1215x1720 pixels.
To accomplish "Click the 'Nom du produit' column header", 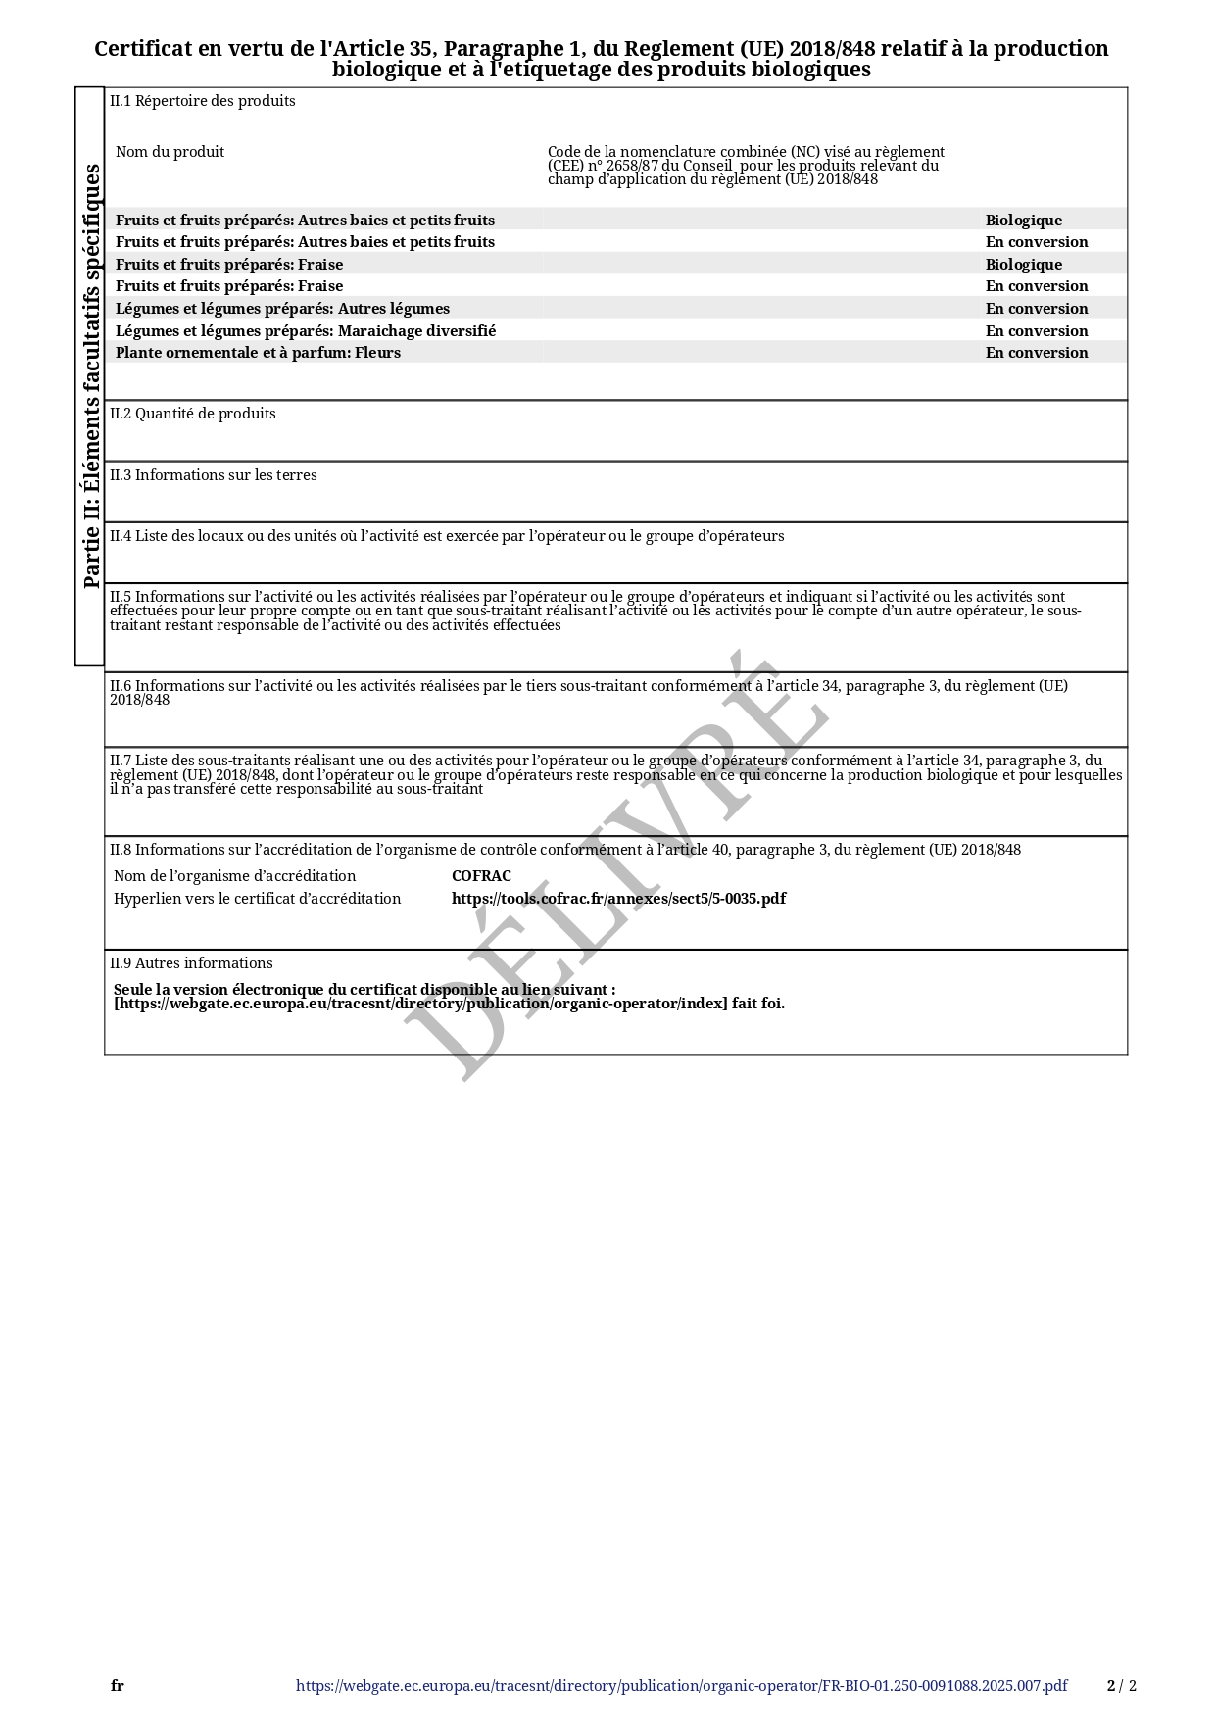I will pos(170,152).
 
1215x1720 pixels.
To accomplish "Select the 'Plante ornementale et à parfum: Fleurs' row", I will pos(258,353).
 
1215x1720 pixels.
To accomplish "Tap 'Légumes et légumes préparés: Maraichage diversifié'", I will pos(306,331).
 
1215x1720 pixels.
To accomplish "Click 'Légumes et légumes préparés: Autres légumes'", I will pos(282,309).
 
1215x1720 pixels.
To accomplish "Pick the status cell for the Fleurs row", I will pos(1036,353).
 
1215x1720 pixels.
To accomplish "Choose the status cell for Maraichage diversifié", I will pos(1036,331).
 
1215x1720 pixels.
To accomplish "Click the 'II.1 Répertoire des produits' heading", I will pos(202,101).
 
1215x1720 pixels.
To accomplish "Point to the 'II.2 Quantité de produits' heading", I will pos(192,414).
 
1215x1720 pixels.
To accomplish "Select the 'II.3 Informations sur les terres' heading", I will pos(213,475).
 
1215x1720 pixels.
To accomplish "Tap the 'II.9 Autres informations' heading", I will pos(191,963).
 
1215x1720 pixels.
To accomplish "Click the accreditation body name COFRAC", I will pos(481,876).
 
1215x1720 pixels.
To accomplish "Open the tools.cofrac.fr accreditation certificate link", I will pos(618,899).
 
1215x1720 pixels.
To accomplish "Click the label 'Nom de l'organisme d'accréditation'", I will pos(234,876).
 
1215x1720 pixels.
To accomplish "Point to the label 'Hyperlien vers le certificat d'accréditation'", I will pos(257,899).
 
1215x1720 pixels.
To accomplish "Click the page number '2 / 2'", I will pos(1121,1686).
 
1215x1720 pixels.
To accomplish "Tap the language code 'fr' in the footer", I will pos(118,1686).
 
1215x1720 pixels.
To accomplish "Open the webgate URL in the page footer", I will pos(681,1686).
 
